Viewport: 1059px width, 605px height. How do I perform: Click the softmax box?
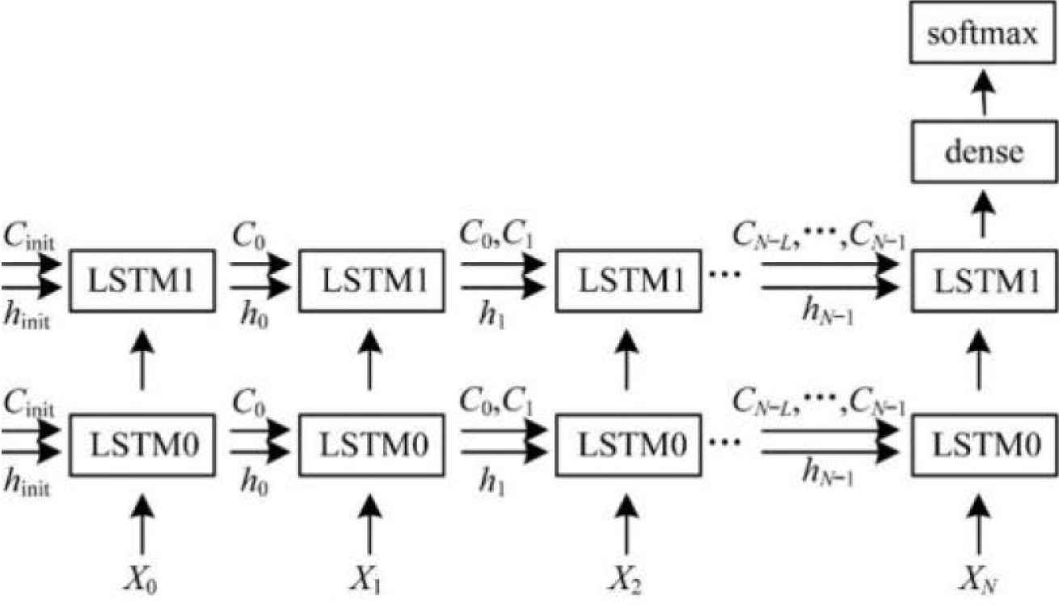click(983, 36)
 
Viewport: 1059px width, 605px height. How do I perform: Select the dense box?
click(983, 151)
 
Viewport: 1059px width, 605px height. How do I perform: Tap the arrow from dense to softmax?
click(983, 94)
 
